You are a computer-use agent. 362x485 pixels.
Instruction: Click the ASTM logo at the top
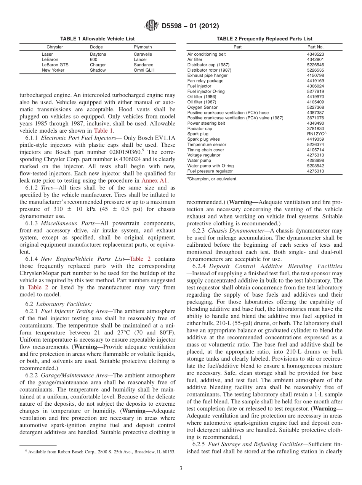152,26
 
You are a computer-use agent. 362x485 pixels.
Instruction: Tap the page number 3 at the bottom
181,469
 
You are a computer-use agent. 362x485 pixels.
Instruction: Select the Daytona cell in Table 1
98,55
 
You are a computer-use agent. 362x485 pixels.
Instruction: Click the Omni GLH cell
144,71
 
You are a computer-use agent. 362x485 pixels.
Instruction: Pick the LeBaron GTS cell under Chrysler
55,65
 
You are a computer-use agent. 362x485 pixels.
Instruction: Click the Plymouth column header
143,47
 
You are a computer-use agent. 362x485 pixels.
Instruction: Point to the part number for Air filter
315,60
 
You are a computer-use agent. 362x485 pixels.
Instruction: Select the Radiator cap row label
200,129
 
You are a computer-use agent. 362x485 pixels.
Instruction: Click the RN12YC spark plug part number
316,134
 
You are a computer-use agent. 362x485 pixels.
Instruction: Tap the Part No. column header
315,47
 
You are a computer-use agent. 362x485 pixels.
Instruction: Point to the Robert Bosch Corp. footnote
100,452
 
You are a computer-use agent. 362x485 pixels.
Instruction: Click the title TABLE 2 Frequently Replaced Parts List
264,39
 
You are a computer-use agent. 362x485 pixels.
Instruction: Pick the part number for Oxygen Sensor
315,108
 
